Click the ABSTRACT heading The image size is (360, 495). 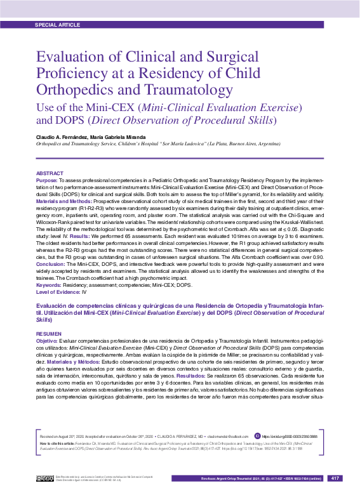click(50, 173)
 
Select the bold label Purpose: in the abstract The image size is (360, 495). click(47, 180)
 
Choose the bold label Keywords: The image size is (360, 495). click(50, 285)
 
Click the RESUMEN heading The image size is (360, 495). click(49, 333)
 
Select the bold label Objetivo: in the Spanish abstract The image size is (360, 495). click(47, 341)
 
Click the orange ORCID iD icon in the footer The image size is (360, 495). click(257, 436)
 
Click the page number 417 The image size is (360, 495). click(336, 478)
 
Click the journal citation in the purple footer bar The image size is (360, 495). click(262, 478)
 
